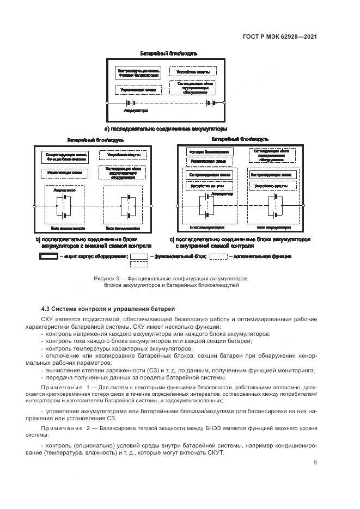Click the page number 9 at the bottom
pyautogui.click(x=315, y=463)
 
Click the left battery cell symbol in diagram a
pyautogui.click(x=130, y=103)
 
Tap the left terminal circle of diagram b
pyautogui.click(x=34, y=206)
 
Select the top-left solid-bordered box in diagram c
pyautogui.click(x=210, y=151)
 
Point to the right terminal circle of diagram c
pyautogui.click(x=304, y=206)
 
